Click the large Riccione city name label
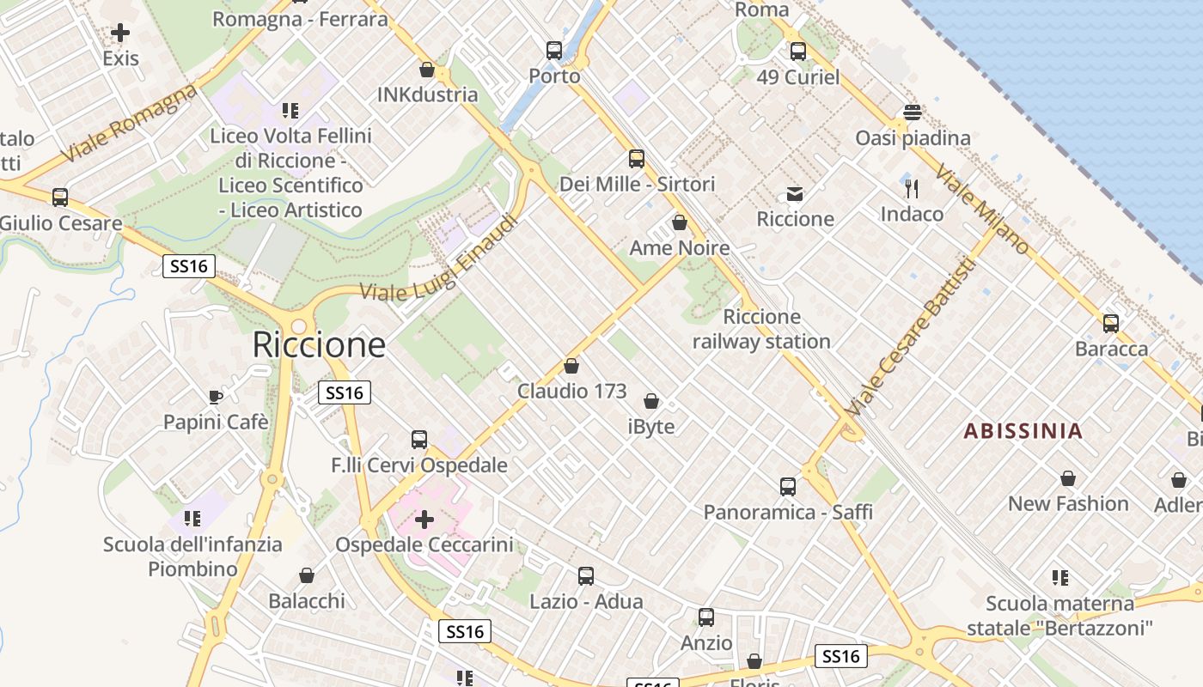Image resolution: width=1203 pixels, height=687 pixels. tap(319, 345)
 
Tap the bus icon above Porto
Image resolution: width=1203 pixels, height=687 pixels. tap(554, 51)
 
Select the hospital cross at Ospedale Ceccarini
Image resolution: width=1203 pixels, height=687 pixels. tap(424, 520)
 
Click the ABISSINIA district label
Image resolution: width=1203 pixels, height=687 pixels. tap(1023, 431)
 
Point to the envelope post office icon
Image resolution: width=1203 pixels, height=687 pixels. tap(795, 194)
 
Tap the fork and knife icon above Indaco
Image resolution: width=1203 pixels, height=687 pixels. tap(912, 189)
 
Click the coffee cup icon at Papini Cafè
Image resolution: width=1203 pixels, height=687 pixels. tap(216, 397)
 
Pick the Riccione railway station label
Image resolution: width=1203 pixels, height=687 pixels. tap(761, 329)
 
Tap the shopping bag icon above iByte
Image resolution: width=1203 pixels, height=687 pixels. tap(651, 401)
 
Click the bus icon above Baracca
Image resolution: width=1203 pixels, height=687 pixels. tap(1111, 324)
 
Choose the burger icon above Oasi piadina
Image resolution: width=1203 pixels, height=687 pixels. tap(912, 112)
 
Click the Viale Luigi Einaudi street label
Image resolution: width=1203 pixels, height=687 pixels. tap(440, 258)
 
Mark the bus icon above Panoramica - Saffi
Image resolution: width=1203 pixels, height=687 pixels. tap(788, 487)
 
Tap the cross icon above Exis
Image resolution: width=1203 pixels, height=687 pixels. tap(120, 33)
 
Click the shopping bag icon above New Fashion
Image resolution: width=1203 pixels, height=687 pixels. tap(1068, 478)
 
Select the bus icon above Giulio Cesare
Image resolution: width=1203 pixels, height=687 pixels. tap(60, 198)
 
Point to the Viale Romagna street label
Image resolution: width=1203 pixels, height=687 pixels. tap(130, 125)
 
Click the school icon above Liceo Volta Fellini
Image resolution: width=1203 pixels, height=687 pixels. tap(290, 111)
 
